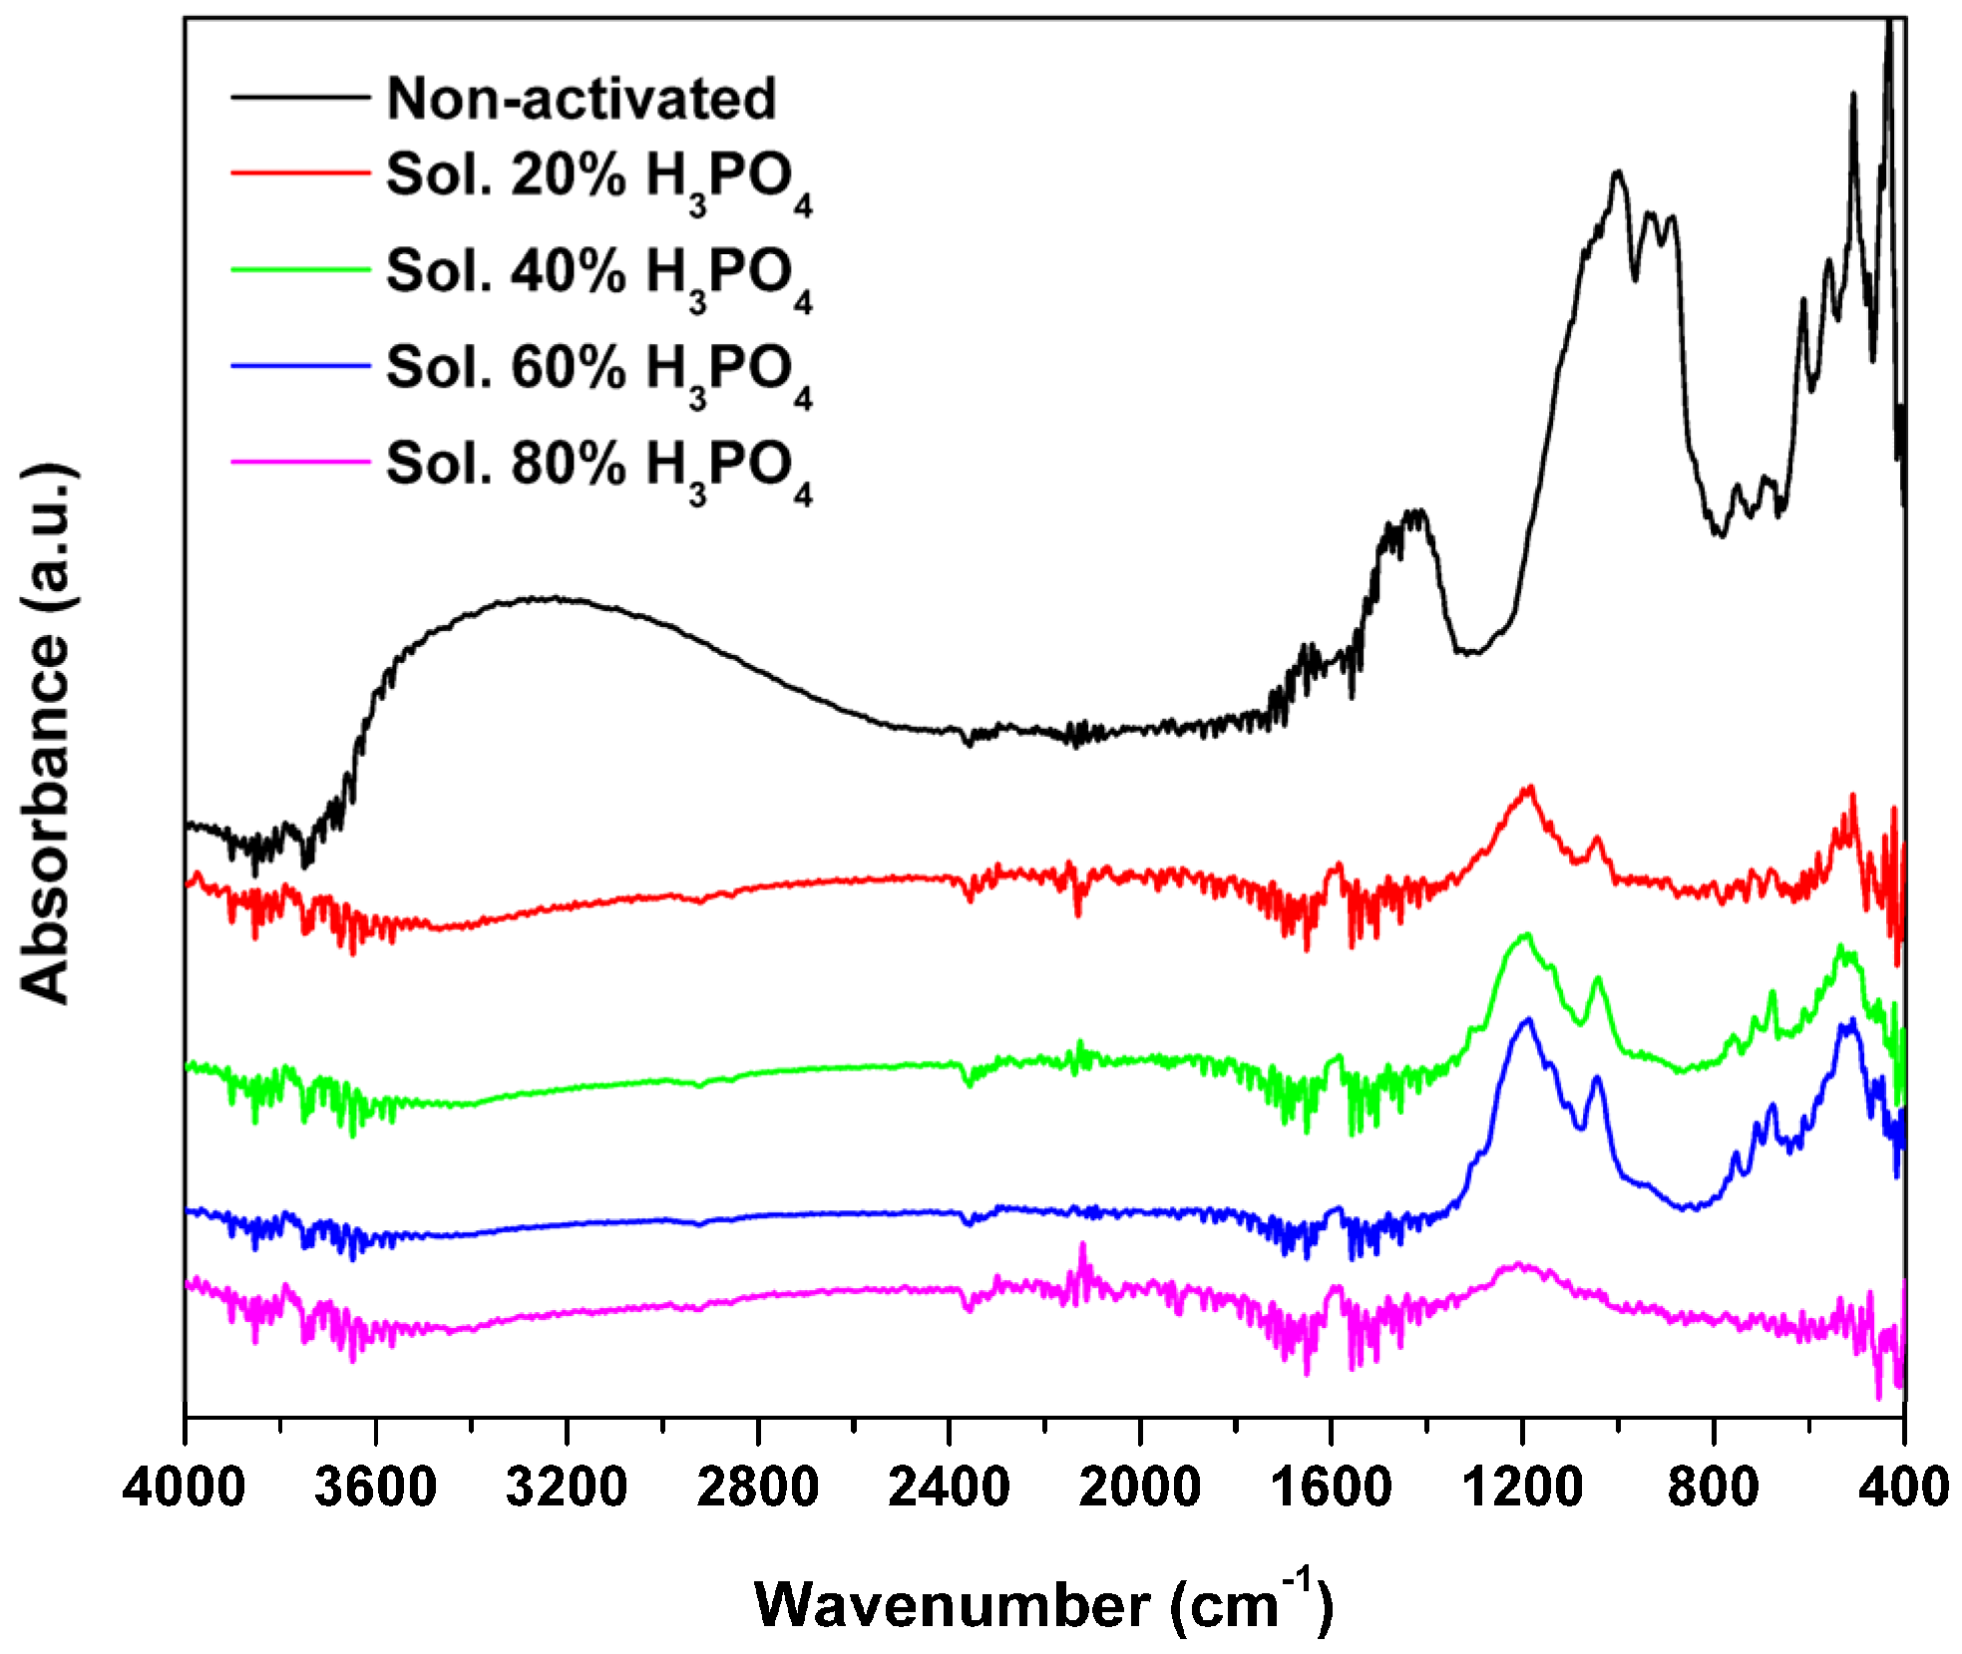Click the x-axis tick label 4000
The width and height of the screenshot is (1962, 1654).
(184, 1489)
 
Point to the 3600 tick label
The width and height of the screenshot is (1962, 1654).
(375, 1489)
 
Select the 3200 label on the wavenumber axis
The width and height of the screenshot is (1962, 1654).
(567, 1489)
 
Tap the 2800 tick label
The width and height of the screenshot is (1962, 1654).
(758, 1489)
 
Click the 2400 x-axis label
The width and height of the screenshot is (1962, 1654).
(949, 1489)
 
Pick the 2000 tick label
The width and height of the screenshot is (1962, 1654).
(1140, 1489)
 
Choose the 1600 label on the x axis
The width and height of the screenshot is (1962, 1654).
(1331, 1489)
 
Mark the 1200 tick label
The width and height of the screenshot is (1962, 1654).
(1522, 1489)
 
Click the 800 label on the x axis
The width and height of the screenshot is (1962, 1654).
(1714, 1489)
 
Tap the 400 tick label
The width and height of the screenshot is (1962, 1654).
(1903, 1489)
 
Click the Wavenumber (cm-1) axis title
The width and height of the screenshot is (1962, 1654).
(1042, 1603)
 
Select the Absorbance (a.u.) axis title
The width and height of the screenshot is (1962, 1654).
(47, 733)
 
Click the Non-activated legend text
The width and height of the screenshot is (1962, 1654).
(581, 99)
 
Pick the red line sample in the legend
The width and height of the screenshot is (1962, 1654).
(300, 173)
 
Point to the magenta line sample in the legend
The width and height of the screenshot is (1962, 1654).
(300, 462)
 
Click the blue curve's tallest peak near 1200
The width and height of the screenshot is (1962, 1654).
(1526, 1020)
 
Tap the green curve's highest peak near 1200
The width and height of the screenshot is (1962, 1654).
(1525, 935)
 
